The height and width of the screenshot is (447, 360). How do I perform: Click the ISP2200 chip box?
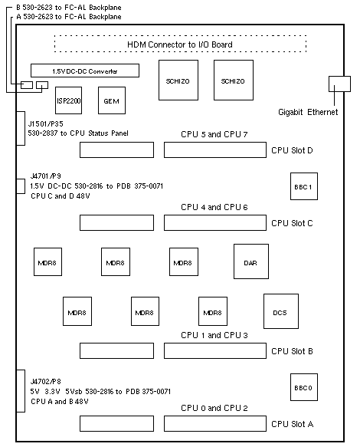[68, 100]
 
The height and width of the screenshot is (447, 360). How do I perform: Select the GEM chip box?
[112, 100]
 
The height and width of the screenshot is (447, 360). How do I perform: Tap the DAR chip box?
[251, 261]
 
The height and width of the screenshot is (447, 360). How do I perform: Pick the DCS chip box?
[281, 311]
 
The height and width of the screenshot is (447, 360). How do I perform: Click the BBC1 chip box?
[304, 186]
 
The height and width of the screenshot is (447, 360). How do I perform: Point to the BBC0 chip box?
[304, 387]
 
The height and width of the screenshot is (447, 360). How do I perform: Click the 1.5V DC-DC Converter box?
[85, 71]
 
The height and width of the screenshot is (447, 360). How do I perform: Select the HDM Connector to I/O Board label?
[180, 44]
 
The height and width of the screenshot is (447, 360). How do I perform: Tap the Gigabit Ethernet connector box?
[339, 84]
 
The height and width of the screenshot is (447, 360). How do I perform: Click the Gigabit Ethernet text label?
[308, 112]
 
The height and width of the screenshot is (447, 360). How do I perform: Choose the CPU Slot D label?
[292, 150]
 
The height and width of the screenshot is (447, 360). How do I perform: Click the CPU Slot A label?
[293, 424]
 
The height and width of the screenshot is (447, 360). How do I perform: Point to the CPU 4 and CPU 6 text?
[214, 207]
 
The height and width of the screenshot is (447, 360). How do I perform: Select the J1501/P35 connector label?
[45, 123]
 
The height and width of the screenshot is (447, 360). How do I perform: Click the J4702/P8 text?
[45, 381]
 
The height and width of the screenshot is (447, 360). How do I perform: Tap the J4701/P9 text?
[45, 176]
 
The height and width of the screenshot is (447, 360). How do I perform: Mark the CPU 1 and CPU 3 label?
[214, 335]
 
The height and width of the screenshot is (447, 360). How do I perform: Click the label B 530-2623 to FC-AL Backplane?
[69, 8]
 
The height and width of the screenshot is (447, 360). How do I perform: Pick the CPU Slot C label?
[292, 223]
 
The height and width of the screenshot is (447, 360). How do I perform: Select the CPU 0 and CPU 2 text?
[214, 408]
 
